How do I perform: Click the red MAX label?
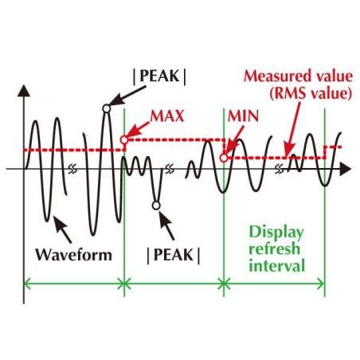point(167,116)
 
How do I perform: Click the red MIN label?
point(243,116)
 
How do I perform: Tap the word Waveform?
point(74,255)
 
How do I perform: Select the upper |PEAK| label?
point(159,76)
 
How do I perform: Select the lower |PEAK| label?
point(174,256)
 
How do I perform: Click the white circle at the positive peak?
point(106,108)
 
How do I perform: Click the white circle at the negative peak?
point(156,205)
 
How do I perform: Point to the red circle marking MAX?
point(124,139)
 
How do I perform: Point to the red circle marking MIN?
point(224,158)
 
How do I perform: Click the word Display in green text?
point(276,233)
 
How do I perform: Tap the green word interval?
point(277,265)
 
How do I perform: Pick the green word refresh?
point(274,248)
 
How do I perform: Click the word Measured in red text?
point(275,76)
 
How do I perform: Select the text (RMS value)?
point(311,93)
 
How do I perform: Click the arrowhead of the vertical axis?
point(24,90)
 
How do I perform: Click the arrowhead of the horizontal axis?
point(345,169)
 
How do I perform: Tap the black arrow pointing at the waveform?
point(62,229)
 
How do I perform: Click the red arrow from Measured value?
point(292,130)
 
